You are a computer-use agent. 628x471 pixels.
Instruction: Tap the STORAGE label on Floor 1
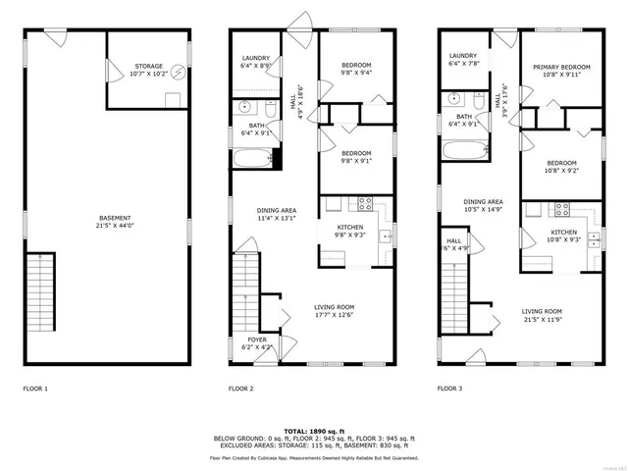click(x=149, y=67)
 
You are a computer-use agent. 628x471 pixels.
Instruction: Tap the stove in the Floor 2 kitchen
click(x=364, y=206)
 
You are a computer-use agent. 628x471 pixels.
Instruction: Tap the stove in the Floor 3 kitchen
click(x=564, y=208)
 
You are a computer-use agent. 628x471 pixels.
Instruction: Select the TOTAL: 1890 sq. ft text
click(x=313, y=431)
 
